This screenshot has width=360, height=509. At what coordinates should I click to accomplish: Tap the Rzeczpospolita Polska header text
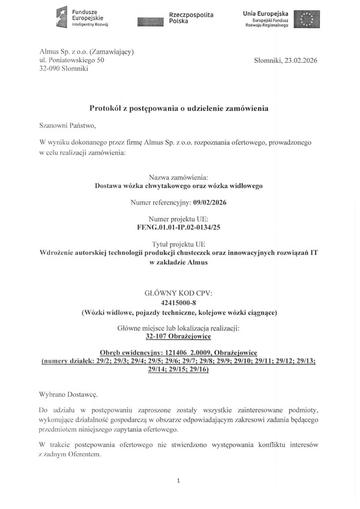(x=191, y=19)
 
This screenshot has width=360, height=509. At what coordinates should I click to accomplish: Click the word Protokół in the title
(x=105, y=108)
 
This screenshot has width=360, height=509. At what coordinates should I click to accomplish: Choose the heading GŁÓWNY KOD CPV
(x=180, y=293)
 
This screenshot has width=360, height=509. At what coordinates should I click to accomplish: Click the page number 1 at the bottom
(x=178, y=480)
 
